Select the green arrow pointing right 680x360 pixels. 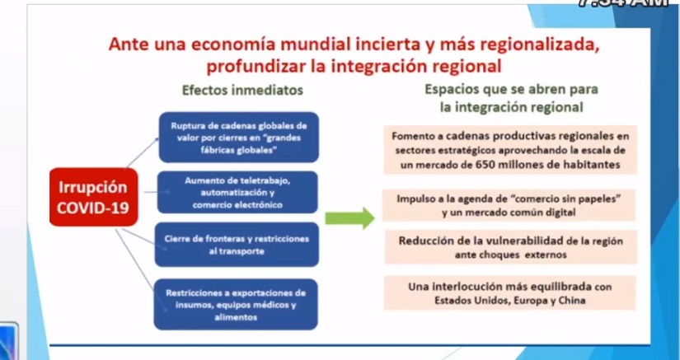pyautogui.click(x=349, y=218)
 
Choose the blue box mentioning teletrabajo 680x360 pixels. pyautogui.click(x=237, y=191)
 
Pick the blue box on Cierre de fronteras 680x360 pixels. pyautogui.click(x=237, y=245)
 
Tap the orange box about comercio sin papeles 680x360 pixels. pyautogui.click(x=509, y=205)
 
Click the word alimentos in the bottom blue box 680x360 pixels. pyautogui.click(x=237, y=316)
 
